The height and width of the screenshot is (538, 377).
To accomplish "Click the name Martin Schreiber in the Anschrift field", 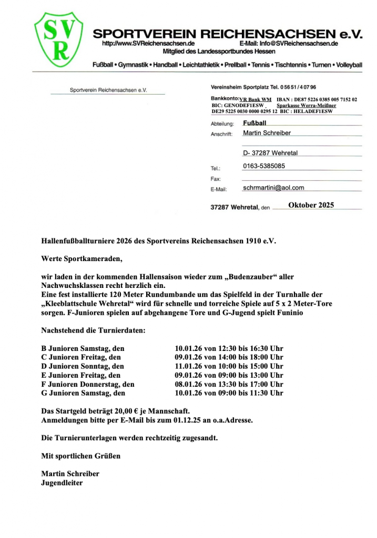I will click(267, 133).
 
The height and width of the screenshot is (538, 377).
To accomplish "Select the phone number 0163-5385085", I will click(264, 166).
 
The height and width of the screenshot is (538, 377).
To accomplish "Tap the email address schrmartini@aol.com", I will click(273, 188).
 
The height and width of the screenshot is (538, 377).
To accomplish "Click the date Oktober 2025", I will click(311, 205).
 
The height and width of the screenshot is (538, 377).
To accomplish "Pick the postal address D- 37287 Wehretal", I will click(270, 153).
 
